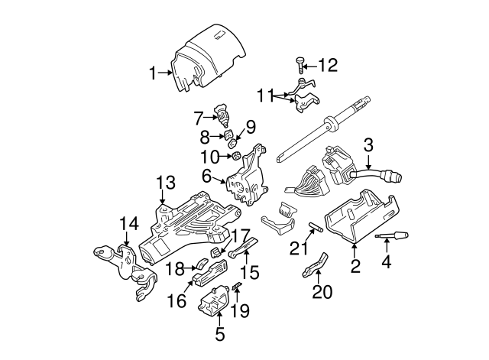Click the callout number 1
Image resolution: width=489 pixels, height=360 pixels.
[x=153, y=73]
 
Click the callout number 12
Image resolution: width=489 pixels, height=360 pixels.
[x=328, y=66]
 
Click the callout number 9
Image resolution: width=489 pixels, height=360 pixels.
[x=251, y=125]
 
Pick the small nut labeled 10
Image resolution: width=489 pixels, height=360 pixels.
[x=236, y=156]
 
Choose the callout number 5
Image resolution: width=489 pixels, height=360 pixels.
[x=219, y=334]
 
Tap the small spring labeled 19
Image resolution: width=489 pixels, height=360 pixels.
[x=235, y=287]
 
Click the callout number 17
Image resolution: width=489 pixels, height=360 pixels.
[x=241, y=235]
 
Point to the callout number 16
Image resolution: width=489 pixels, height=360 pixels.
[x=176, y=301]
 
